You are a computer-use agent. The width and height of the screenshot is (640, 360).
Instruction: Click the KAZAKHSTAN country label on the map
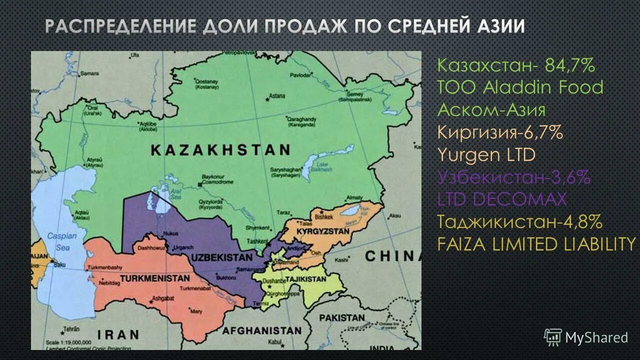tap(220, 150)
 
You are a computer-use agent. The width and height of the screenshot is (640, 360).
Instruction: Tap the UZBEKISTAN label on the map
tap(221, 257)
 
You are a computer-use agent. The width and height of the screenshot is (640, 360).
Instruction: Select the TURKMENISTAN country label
tap(155, 278)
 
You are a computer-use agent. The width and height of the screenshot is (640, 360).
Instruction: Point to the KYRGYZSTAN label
tap(323, 232)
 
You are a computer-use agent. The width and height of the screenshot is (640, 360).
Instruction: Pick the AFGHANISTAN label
tap(262, 330)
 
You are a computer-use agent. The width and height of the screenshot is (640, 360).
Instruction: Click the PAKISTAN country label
tap(342, 317)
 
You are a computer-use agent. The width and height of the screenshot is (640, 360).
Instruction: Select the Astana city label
tap(277, 95)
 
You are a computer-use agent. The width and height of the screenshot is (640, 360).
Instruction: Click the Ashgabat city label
tap(162, 298)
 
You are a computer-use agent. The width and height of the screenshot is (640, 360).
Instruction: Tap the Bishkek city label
tap(324, 217)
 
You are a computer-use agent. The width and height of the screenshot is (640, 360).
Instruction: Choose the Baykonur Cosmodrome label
tap(217, 179)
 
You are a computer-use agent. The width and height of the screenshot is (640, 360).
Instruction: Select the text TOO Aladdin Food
tap(520, 87)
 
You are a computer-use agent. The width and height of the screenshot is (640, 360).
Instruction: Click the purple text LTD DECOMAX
tap(502, 199)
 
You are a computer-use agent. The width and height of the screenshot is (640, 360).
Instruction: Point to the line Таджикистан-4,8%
tap(519, 221)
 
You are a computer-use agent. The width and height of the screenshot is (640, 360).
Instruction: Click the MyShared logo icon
tap(553, 337)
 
